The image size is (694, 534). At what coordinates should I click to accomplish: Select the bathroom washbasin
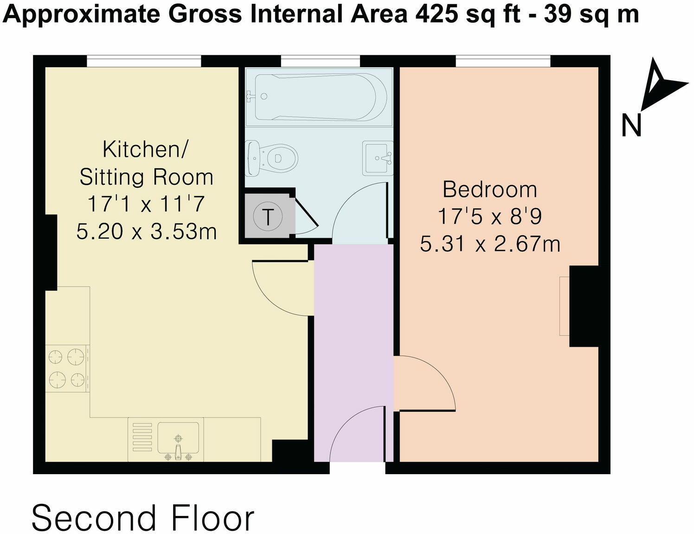tap(378, 158)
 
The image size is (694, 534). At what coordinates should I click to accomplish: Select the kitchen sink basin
tap(178, 438)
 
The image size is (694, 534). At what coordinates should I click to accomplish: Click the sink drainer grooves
tap(142, 437)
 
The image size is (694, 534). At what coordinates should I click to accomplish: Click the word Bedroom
tap(489, 190)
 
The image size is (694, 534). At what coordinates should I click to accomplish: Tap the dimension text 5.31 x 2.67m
tap(490, 244)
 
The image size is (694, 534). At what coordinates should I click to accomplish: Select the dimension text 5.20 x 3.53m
tap(147, 231)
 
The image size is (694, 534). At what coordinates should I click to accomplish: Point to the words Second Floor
tap(143, 517)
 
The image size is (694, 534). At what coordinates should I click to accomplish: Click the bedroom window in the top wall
tap(503, 61)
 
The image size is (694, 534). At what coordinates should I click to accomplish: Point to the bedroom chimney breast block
tap(584, 306)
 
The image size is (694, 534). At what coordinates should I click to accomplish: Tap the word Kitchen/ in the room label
tap(145, 149)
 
